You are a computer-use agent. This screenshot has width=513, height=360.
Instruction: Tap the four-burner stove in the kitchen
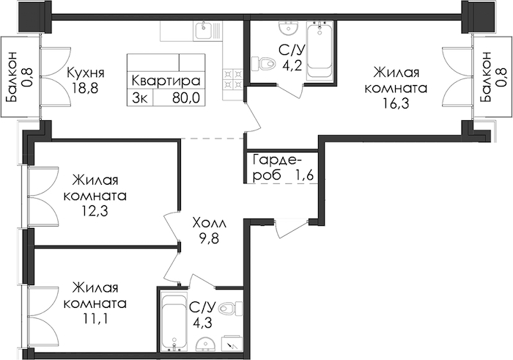coord(233,79)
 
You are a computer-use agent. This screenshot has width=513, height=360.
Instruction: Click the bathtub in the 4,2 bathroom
coord(320,51)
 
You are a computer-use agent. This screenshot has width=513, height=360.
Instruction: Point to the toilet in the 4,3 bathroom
coord(229,308)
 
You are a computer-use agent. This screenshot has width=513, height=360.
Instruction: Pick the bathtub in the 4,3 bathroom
coord(174,323)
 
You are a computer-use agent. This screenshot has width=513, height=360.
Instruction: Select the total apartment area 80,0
coord(186,98)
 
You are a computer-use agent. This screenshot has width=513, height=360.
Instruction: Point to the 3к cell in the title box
coord(140,98)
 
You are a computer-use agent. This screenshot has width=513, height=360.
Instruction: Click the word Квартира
coord(166,81)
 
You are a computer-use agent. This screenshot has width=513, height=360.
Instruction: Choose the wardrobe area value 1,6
coord(305,175)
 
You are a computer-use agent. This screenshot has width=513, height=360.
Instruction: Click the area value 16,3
coord(396,103)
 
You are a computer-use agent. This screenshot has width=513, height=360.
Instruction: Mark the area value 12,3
coord(95,211)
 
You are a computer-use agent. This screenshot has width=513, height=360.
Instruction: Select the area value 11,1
coord(95,318)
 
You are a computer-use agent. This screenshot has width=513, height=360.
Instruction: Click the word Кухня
coord(86,73)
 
